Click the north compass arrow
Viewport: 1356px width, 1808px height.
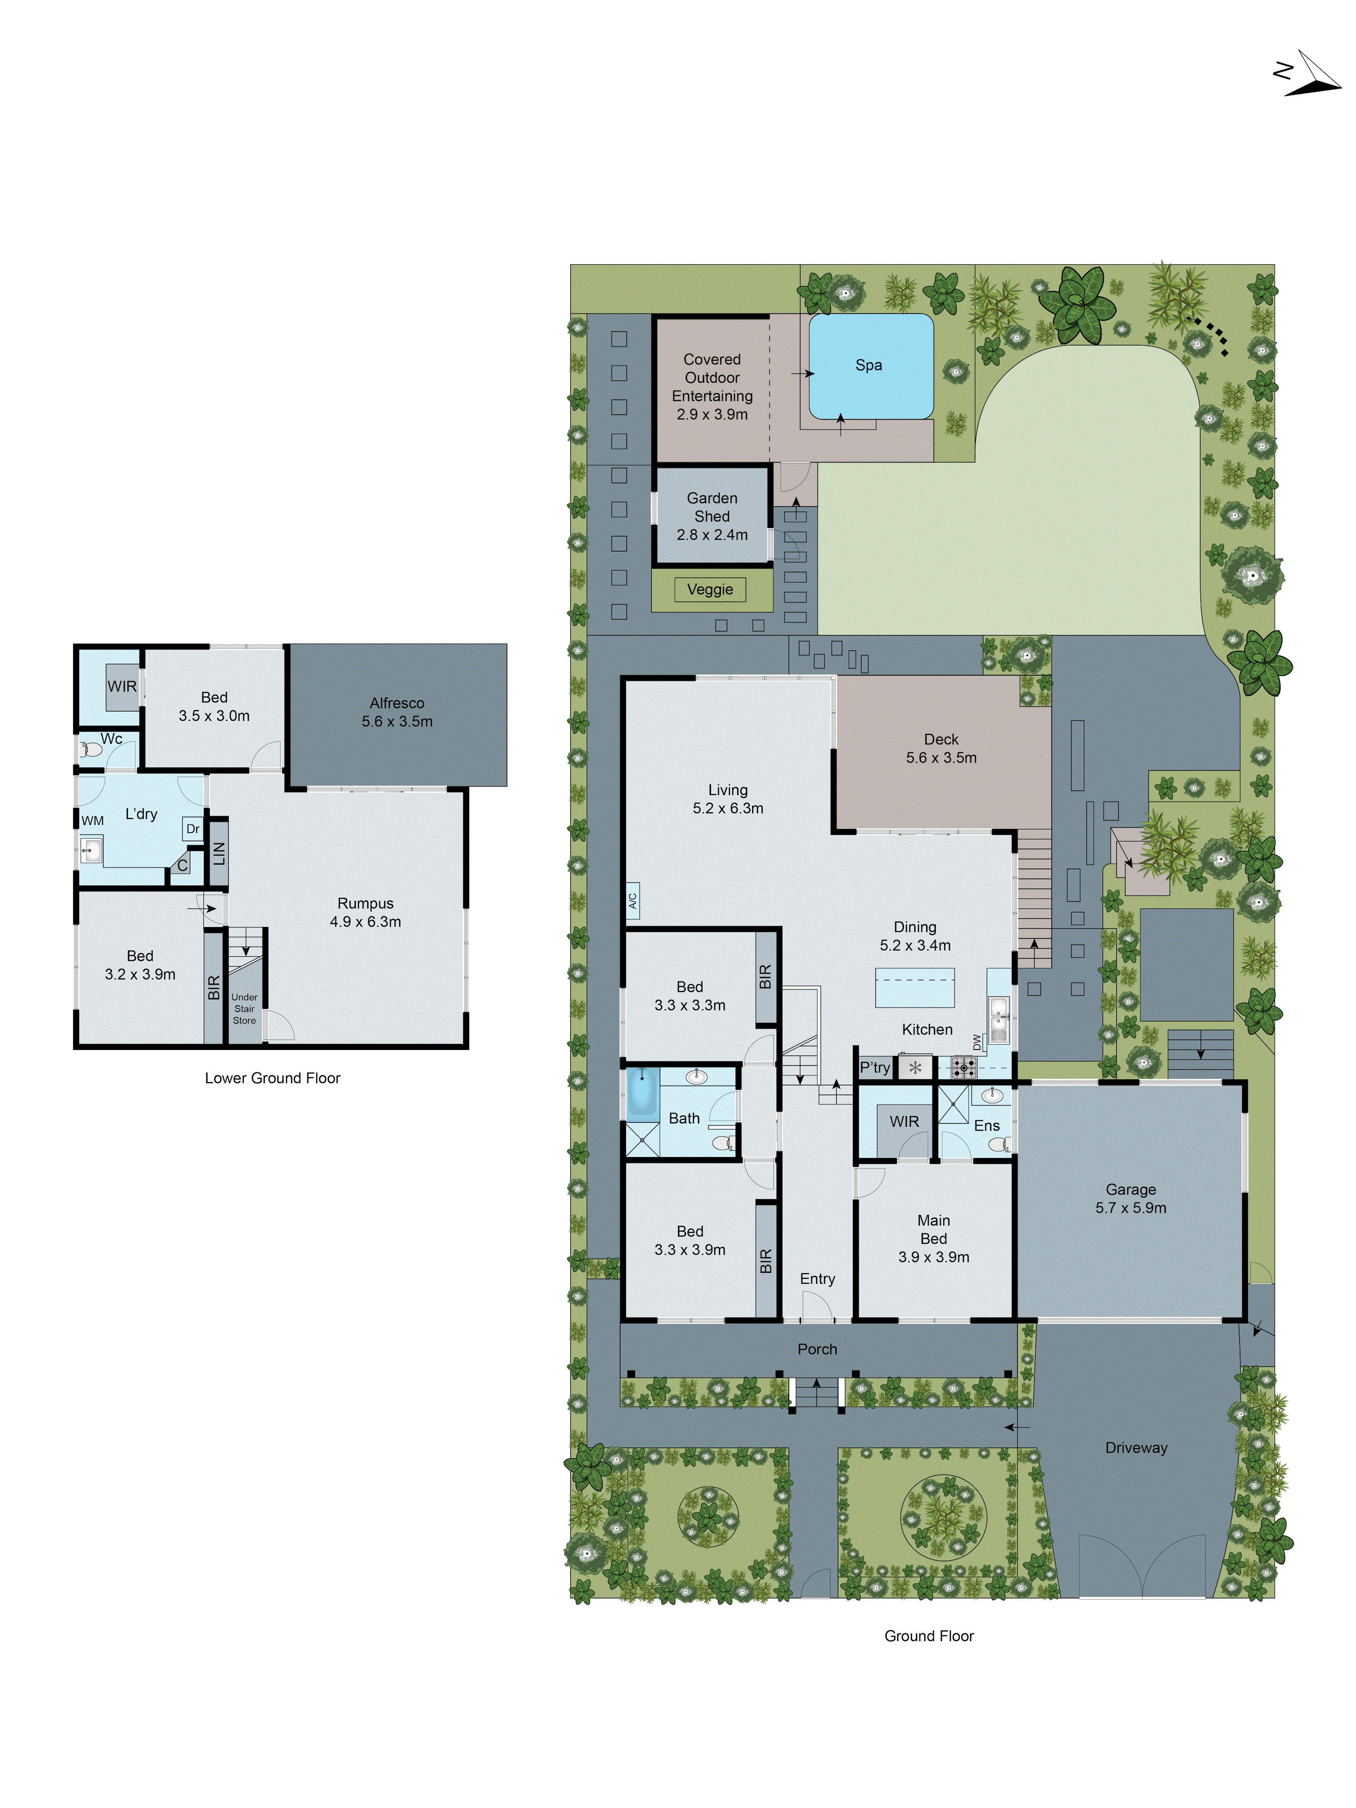tap(1311, 75)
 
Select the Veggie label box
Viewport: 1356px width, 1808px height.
tap(710, 589)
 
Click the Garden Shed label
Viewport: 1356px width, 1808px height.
tap(712, 507)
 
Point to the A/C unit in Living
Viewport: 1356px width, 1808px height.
tap(632, 901)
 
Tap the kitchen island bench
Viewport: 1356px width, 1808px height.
tap(915, 987)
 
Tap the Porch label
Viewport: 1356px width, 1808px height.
tap(817, 1349)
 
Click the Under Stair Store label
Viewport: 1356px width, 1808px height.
tap(245, 1008)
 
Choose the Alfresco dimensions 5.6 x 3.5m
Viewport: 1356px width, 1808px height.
tap(397, 721)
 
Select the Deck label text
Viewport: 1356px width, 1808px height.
tap(941, 739)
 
